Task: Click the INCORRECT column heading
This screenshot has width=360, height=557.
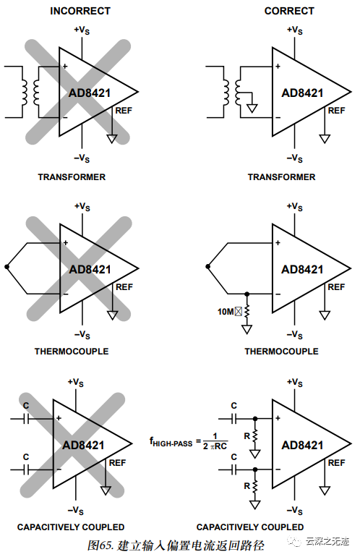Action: (80, 11)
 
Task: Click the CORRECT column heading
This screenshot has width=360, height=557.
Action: (289, 11)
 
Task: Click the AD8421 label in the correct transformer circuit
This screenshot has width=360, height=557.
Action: (302, 93)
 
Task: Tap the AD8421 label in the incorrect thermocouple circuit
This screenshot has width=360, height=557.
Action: (90, 270)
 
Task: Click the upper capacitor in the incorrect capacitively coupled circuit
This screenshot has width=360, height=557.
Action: (27, 418)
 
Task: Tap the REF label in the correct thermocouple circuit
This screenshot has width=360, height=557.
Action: (336, 287)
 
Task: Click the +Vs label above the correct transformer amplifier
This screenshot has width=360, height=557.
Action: (294, 30)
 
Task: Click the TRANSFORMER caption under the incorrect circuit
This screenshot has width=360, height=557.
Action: (72, 177)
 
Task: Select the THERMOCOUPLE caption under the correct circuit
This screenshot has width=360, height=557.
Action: (281, 352)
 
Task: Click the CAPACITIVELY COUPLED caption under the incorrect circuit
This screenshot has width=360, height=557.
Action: (71, 527)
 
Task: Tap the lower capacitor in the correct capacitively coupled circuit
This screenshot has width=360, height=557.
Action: (233, 469)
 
